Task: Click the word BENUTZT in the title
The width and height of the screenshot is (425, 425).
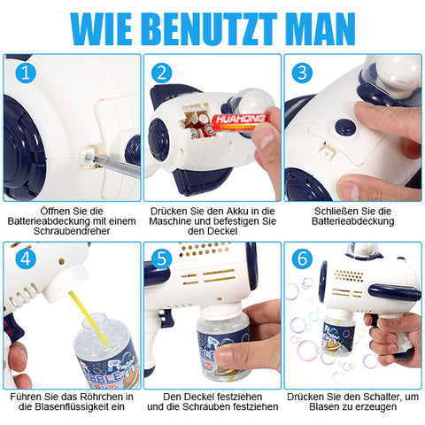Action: point(212,29)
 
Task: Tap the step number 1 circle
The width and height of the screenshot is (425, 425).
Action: point(26,73)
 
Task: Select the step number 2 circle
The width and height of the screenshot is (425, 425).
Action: point(161,73)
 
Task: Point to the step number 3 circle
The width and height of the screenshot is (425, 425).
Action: point(302,73)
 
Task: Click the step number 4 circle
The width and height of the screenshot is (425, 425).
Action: point(26,259)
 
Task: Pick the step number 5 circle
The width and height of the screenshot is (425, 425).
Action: point(161,259)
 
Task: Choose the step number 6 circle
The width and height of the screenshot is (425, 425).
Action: point(302,259)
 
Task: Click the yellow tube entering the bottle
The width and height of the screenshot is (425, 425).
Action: point(88,317)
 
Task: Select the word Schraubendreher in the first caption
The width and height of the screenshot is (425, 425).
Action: point(72,231)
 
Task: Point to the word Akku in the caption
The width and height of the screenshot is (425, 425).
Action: point(237,212)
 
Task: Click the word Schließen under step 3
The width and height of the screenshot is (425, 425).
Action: point(334,212)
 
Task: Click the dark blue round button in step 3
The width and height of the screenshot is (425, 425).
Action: point(345,127)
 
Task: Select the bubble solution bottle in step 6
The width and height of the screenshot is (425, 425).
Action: point(338,336)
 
